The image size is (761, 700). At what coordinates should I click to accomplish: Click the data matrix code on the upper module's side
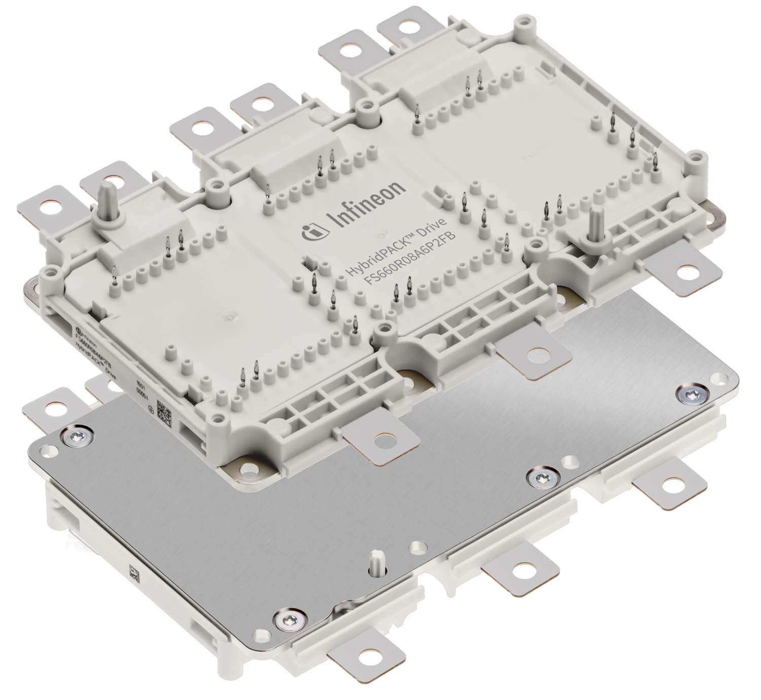(x=165, y=409)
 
